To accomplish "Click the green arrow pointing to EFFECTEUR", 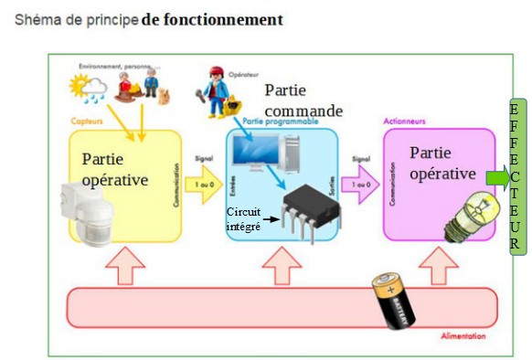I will point(497,176).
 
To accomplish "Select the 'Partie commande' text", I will point(302,101).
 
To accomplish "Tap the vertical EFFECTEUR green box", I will point(516,178).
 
